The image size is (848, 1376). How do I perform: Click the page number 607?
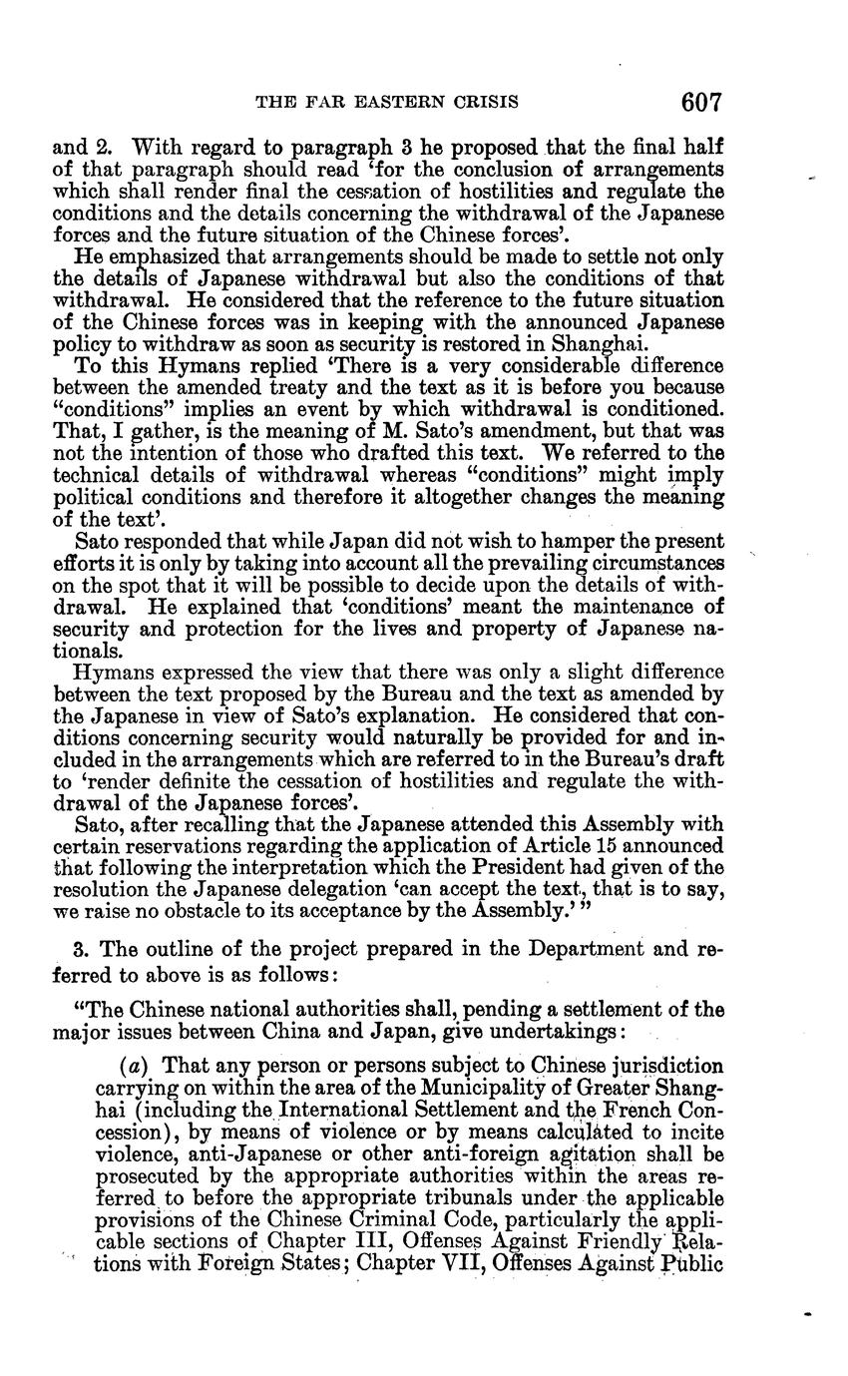coord(701,102)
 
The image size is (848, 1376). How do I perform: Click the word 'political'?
coord(91,496)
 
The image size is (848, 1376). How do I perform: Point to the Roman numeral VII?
coord(476,1262)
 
